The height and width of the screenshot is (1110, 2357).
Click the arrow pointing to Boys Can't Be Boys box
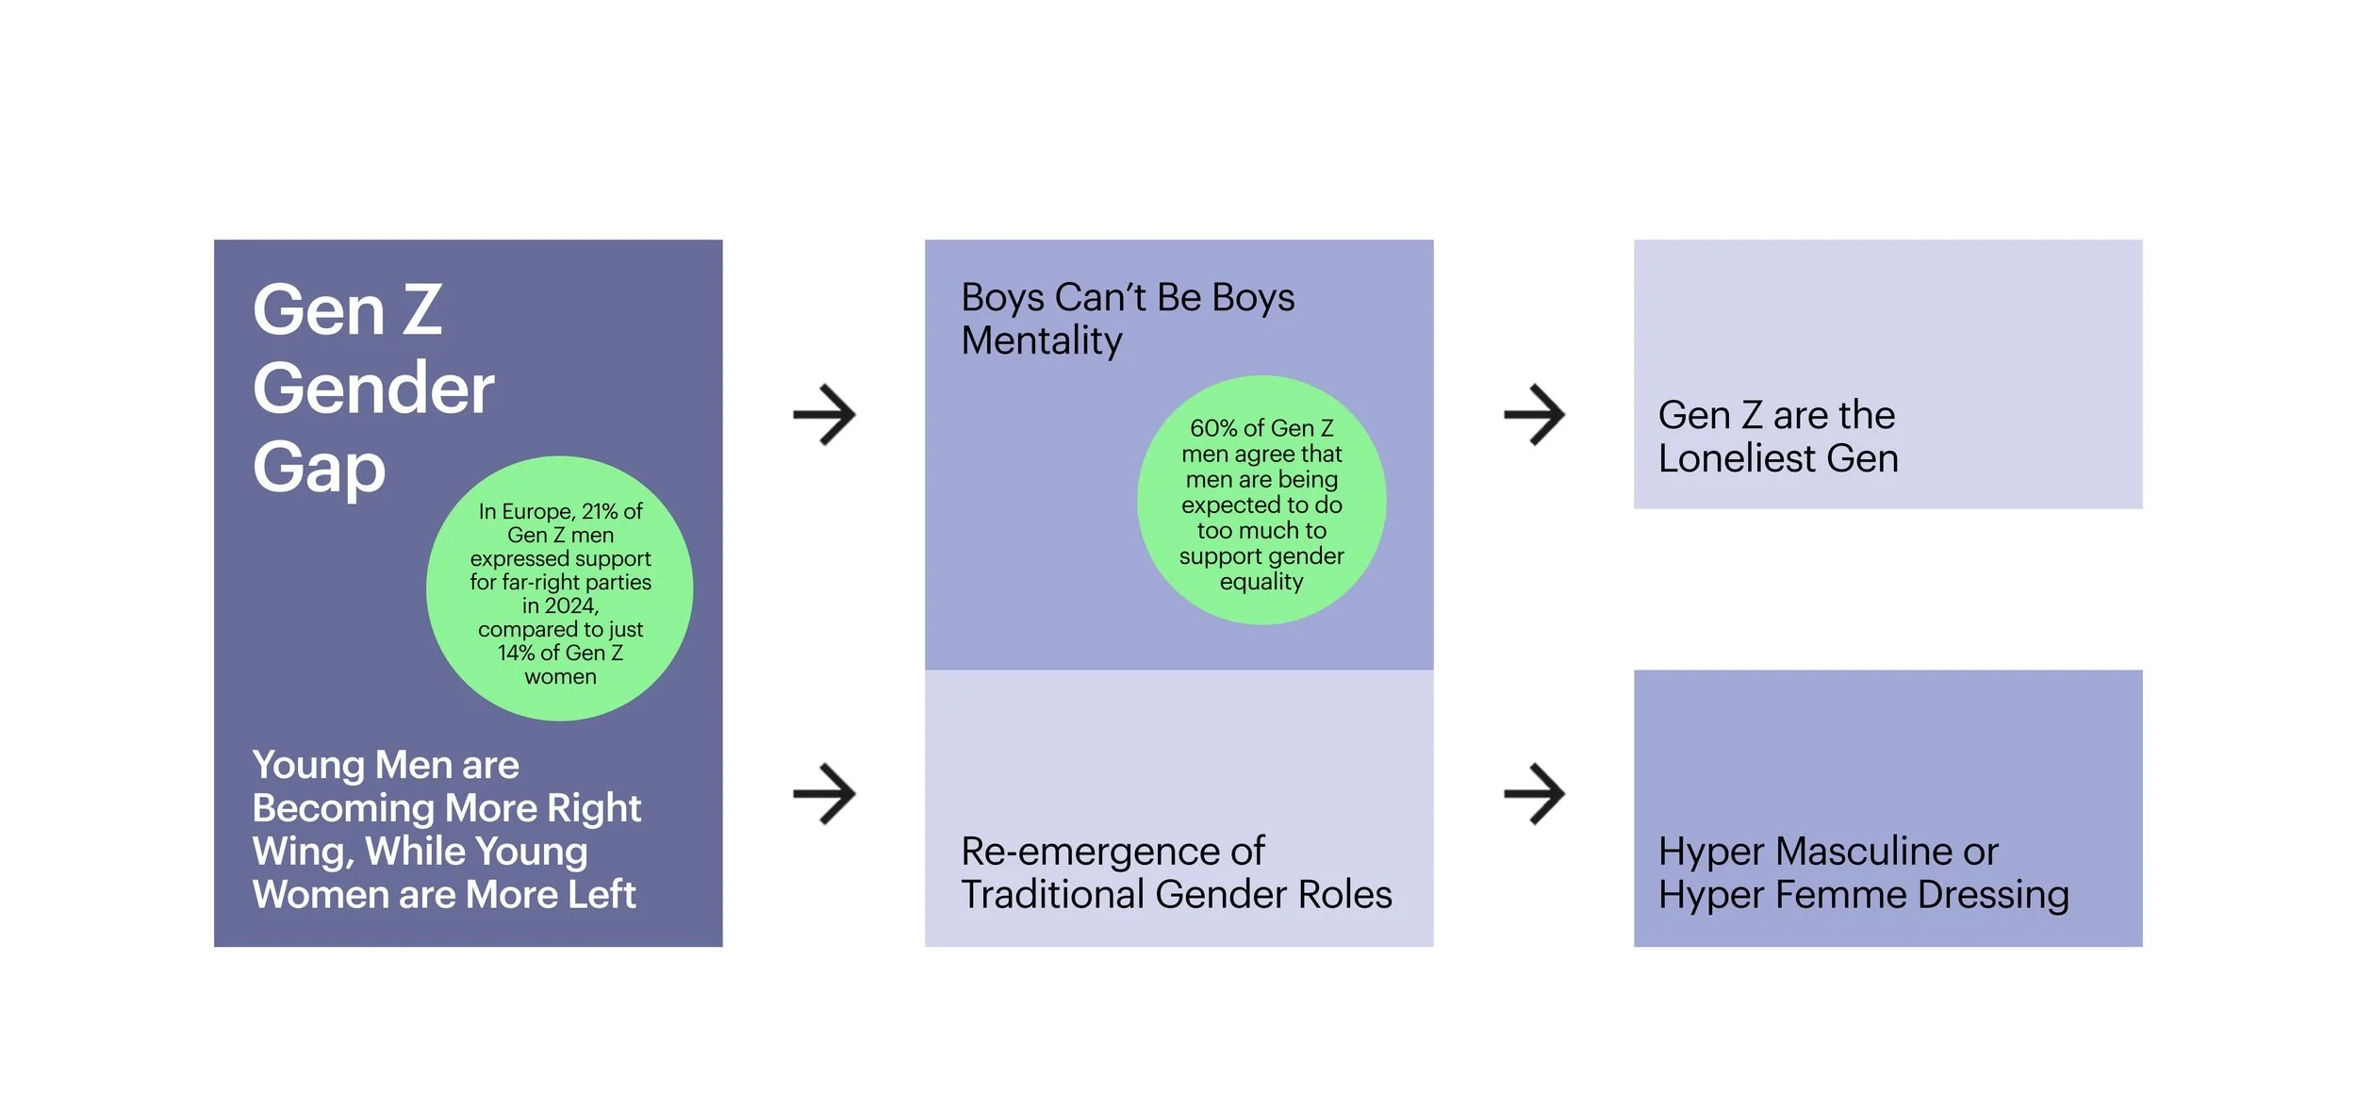[824, 414]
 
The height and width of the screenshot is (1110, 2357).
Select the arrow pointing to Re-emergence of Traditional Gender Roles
[824, 793]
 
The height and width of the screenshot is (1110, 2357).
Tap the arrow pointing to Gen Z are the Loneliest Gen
[1534, 414]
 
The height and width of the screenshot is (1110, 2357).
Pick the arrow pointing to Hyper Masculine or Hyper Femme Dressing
[1534, 793]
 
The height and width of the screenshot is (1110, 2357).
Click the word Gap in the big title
[320, 469]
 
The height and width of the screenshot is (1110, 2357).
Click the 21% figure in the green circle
[600, 511]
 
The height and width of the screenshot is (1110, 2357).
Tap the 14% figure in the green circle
[517, 653]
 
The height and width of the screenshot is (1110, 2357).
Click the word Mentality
[1042, 340]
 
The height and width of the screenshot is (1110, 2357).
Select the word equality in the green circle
[1261, 582]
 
